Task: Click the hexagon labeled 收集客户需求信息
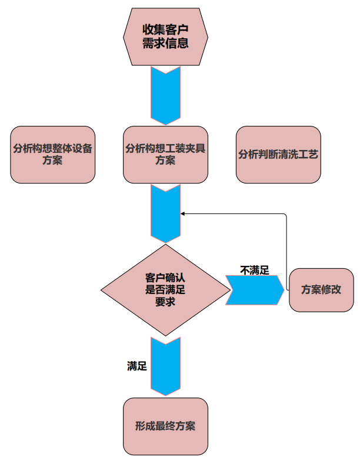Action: pos(165,36)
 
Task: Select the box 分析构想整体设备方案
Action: pos(53,154)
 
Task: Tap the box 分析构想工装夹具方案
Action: pos(165,154)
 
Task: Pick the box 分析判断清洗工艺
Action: pos(278,154)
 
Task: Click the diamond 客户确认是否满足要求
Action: pos(165,289)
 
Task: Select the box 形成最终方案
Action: pos(165,426)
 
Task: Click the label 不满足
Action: pos(255,270)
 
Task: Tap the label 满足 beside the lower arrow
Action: pos(137,366)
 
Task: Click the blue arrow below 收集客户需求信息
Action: pos(165,95)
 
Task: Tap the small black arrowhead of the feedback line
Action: pos(183,214)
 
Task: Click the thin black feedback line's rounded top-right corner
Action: pos(285,215)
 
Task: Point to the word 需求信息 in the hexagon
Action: pos(165,44)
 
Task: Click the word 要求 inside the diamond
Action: pos(165,302)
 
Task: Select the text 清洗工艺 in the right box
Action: pos(299,155)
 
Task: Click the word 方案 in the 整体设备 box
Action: pos(52,161)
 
